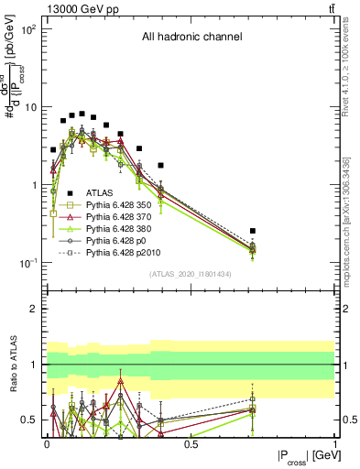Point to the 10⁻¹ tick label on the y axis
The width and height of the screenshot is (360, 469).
[x=27, y=263]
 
